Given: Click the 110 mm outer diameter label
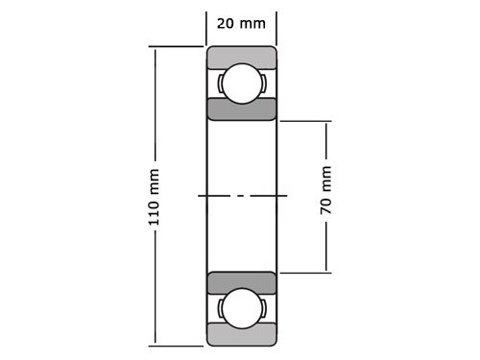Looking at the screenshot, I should [x=154, y=197].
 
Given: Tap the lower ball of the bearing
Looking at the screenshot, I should [x=241, y=309].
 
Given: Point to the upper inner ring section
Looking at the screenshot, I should [x=241, y=108].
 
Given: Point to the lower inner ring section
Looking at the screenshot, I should [x=241, y=283].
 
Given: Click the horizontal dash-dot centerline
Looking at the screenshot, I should [x=242, y=196].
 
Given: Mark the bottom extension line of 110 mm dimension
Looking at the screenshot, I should [x=178, y=345].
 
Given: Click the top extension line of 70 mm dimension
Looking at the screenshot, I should [x=304, y=121].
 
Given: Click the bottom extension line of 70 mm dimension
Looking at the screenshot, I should [x=304, y=273].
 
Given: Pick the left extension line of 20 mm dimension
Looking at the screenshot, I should [x=207, y=29].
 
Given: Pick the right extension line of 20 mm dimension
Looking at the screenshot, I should [x=276, y=29].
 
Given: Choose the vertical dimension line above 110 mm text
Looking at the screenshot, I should [x=154, y=106].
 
